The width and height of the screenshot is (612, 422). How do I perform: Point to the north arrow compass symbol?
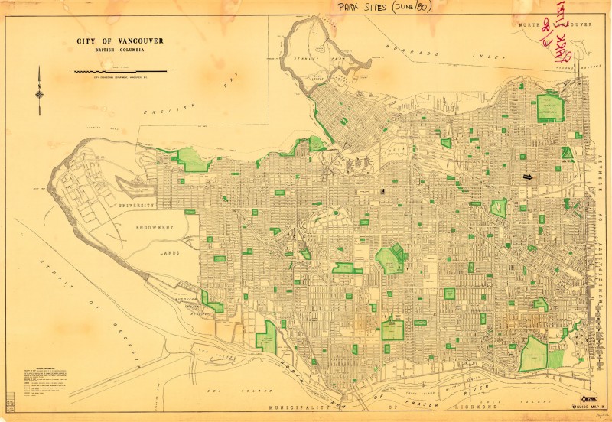39,84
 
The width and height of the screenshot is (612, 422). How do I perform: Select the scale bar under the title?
123,71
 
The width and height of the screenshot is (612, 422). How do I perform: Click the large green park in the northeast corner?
549,108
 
